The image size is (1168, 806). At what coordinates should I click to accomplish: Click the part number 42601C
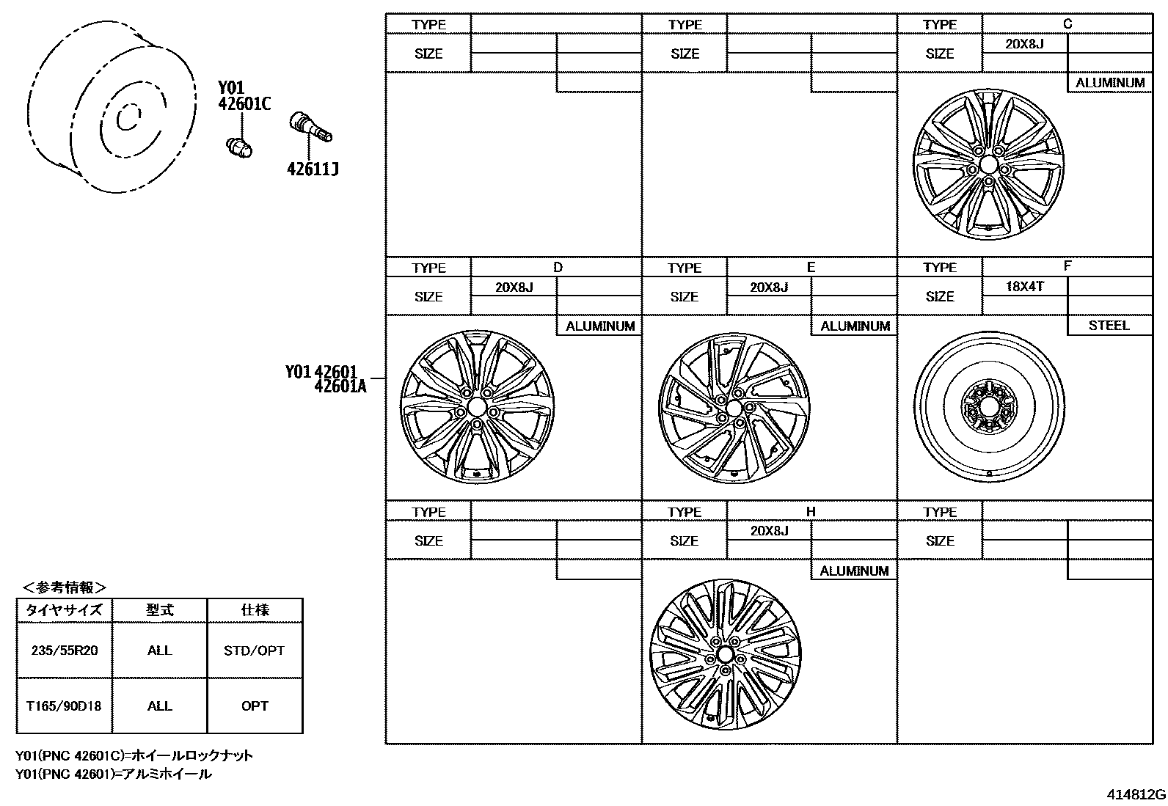click(244, 103)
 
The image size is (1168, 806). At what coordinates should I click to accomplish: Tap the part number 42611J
click(313, 169)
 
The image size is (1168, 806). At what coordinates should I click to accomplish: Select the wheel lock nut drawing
click(240, 147)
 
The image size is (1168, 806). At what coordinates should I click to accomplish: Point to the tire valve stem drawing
click(311, 127)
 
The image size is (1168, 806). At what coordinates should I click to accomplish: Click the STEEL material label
click(1109, 326)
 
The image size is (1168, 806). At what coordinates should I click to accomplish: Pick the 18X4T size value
click(1025, 286)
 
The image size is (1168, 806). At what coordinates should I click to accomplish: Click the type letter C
click(1067, 24)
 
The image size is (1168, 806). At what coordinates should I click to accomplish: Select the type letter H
click(811, 511)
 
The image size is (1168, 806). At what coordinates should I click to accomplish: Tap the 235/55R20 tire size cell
click(64, 650)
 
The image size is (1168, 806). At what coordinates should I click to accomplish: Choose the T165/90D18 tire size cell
click(64, 706)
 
